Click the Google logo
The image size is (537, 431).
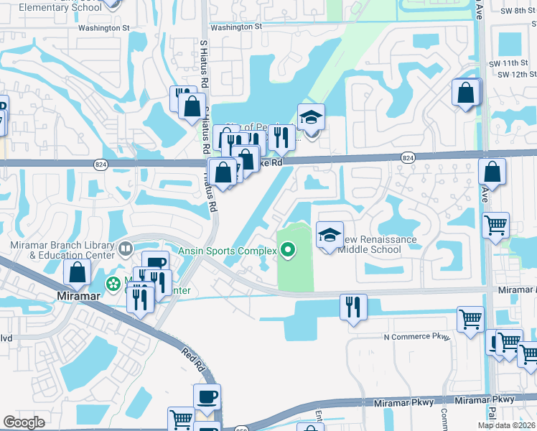24,422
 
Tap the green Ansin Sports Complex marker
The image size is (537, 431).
288,250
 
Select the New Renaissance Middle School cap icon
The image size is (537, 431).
330,235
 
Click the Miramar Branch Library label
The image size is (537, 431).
62,249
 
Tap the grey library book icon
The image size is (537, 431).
126,249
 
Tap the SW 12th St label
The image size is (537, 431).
516,74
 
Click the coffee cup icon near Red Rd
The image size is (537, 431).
207,397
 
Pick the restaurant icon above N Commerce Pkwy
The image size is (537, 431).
352,307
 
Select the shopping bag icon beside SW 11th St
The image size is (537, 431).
465,92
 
